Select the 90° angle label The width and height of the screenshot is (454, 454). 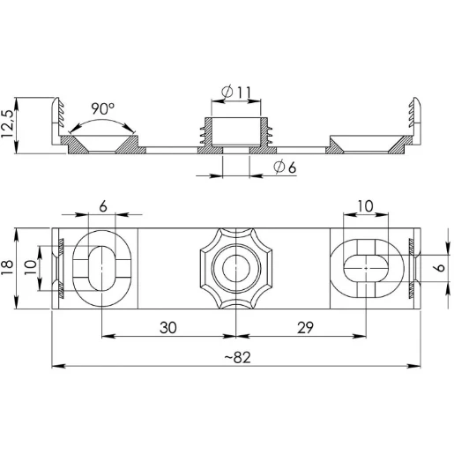click(x=102, y=108)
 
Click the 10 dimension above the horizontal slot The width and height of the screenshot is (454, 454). click(x=364, y=205)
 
